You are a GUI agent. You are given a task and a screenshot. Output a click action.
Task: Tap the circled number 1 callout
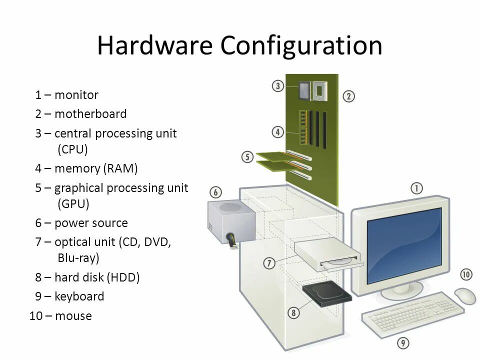tap(416, 188)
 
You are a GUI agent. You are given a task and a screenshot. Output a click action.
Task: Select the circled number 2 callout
tap(348, 96)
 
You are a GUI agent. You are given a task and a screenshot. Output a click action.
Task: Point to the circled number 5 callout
tap(247, 157)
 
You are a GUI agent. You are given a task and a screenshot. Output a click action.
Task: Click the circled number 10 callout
tap(465, 274)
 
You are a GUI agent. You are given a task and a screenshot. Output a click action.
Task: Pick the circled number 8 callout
tap(293, 313)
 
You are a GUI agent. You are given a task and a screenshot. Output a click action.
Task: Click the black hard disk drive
tap(327, 295)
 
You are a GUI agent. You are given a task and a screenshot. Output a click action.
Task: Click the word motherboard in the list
tap(90, 114)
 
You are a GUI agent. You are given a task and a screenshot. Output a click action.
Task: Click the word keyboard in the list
tap(79, 296)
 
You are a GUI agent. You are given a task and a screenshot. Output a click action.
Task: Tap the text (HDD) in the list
tap(123, 277)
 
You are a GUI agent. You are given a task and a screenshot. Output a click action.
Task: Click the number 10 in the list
tap(36, 316)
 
